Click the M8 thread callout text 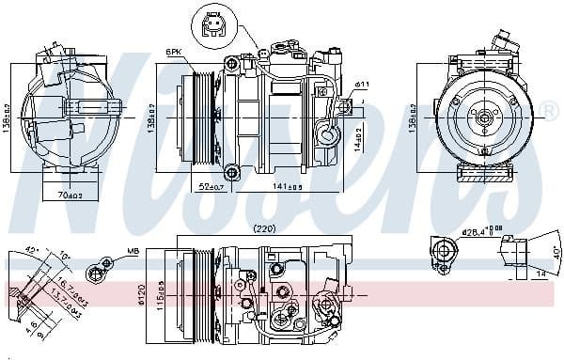[133, 251]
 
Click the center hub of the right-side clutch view [484, 118]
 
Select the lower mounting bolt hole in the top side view [232, 172]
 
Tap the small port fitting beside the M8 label [95, 274]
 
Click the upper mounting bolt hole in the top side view [231, 63]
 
